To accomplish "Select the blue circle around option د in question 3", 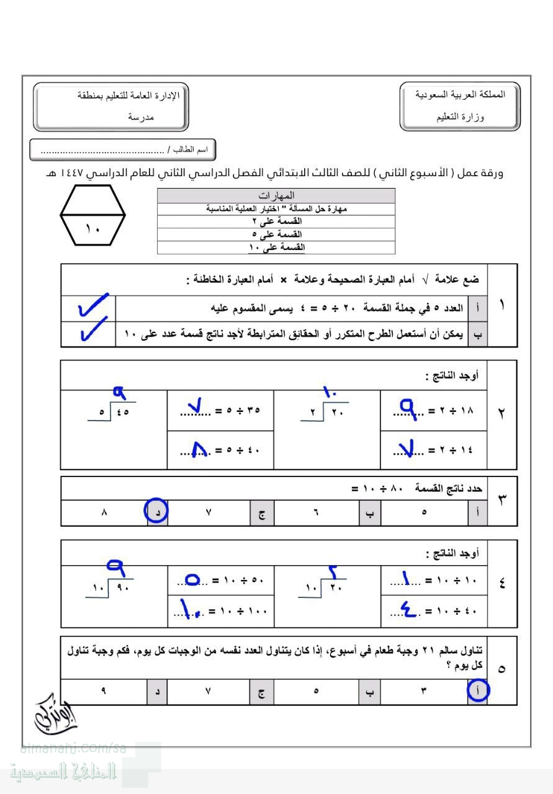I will (156, 512).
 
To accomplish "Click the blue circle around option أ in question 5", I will (477, 690).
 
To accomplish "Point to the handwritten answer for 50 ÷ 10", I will (193, 580).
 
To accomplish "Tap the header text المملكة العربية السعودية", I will (460, 94).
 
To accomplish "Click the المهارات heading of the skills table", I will (276, 195).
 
